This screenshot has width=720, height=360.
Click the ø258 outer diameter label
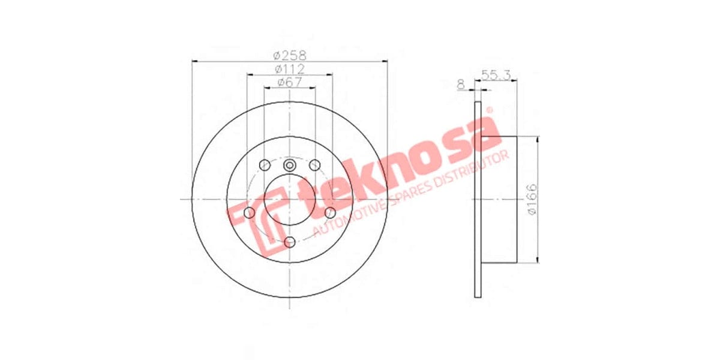pos(290,55)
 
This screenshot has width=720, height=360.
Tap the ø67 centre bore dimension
pos(290,83)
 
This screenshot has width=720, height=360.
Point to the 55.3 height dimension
pos(496,74)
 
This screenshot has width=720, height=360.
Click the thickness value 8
pos(461,85)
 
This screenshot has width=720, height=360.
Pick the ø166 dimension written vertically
pos(532,199)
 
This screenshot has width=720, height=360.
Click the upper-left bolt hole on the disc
pos(264,165)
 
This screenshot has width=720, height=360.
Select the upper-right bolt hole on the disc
pos(315,165)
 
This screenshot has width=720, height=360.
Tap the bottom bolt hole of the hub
pos(290,242)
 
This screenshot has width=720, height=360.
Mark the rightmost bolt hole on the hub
pos(330,212)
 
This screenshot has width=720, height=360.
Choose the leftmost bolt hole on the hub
pos(249,212)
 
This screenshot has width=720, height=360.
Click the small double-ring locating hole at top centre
pos(290,166)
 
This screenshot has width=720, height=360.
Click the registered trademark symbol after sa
pos(488,110)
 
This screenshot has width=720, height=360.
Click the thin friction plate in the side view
pos(478,199)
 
